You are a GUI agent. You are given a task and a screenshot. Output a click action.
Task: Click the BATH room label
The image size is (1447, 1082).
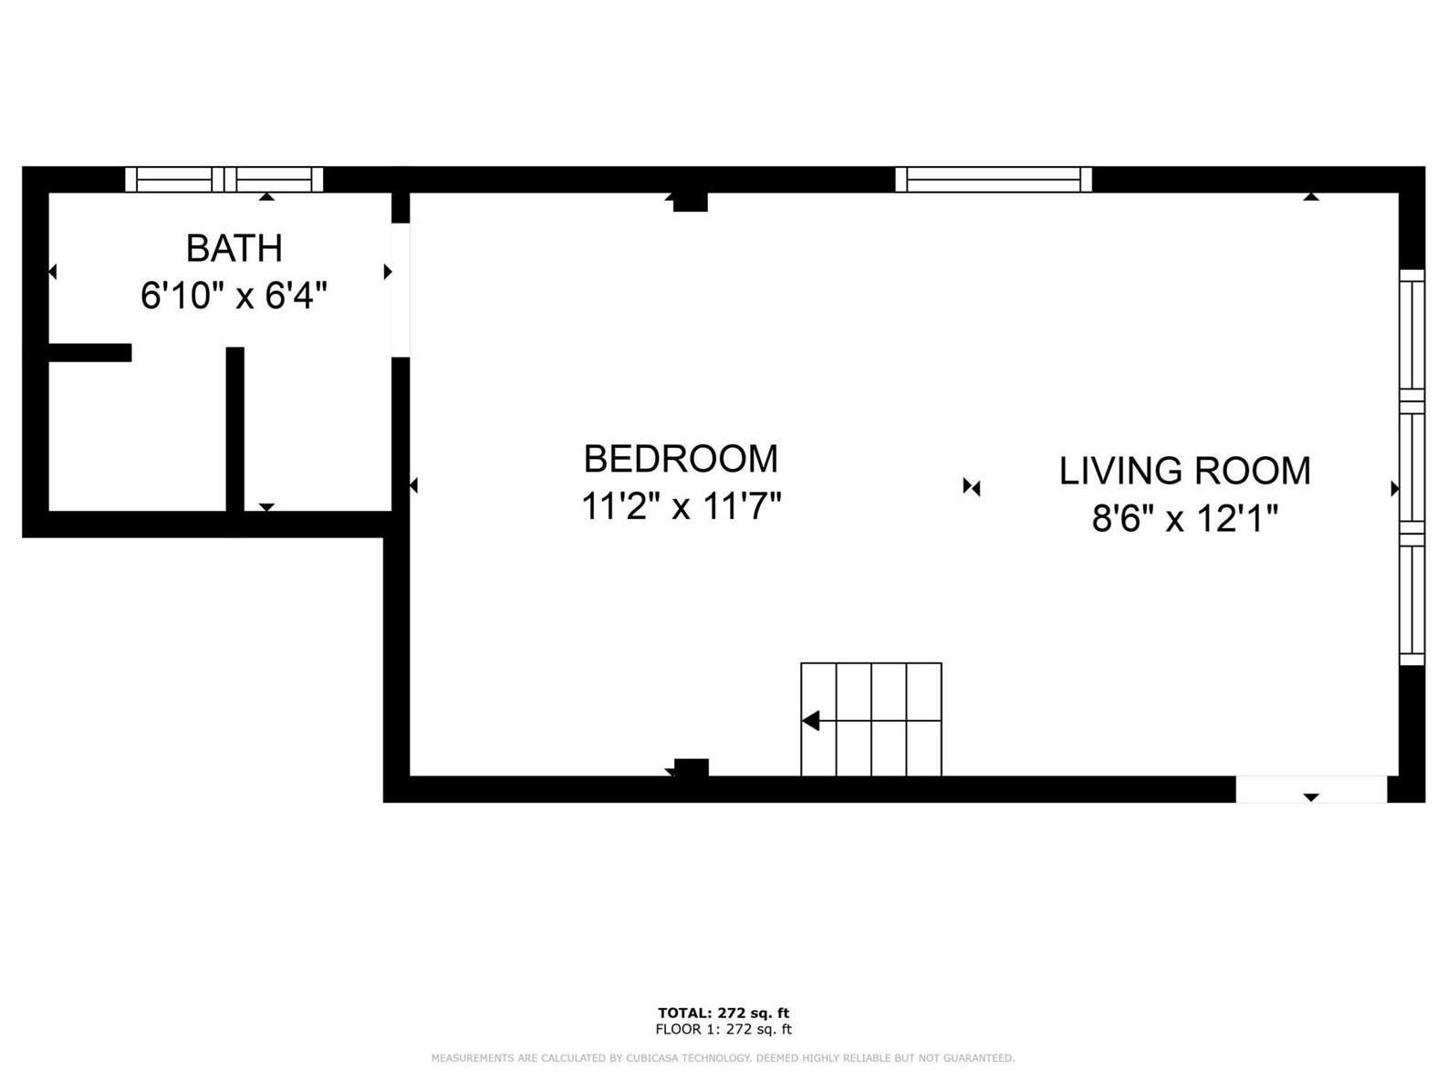pyautogui.click(x=234, y=248)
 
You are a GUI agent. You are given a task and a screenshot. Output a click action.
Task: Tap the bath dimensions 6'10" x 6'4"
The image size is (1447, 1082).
pyautogui.click(x=234, y=296)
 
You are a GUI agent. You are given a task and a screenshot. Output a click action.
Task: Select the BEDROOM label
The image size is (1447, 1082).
pyautogui.click(x=681, y=458)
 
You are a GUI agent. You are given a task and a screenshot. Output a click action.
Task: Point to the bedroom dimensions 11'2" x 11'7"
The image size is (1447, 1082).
pyautogui.click(x=681, y=505)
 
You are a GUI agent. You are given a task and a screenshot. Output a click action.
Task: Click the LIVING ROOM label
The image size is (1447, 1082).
pyautogui.click(x=1184, y=471)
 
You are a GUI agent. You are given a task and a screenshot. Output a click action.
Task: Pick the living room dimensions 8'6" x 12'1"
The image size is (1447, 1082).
pyautogui.click(x=1184, y=519)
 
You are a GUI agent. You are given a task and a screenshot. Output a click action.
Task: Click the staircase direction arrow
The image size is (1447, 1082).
pyautogui.click(x=810, y=721)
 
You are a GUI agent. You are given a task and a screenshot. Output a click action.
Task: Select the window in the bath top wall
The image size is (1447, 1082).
pyautogui.click(x=224, y=179)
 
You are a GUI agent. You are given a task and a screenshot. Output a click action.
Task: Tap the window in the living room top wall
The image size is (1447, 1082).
pyautogui.click(x=993, y=179)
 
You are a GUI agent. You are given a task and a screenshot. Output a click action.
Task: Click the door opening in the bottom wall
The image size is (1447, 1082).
pyautogui.click(x=1310, y=788)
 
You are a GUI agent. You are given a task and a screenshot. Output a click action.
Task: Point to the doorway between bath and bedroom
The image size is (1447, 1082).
pyautogui.click(x=401, y=290)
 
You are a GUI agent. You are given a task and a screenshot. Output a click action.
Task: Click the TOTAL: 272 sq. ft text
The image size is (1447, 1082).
pyautogui.click(x=723, y=1013)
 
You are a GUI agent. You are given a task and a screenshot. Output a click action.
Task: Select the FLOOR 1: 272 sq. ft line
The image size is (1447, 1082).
pyautogui.click(x=723, y=1029)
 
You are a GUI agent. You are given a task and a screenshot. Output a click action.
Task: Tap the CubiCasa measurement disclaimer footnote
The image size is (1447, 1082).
pyautogui.click(x=723, y=1058)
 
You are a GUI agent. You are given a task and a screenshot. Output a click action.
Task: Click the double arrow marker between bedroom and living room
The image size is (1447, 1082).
pyautogui.click(x=971, y=487)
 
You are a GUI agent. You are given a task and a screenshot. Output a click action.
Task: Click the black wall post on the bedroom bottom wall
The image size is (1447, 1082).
pyautogui.click(x=691, y=768)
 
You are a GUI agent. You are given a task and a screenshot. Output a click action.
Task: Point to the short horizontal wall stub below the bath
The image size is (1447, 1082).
pyautogui.click(x=89, y=352)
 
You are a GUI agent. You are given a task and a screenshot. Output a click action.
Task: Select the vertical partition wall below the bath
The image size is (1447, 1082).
pyautogui.click(x=235, y=429)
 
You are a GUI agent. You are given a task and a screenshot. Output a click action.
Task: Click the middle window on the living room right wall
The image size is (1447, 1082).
pyautogui.click(x=1411, y=468)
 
